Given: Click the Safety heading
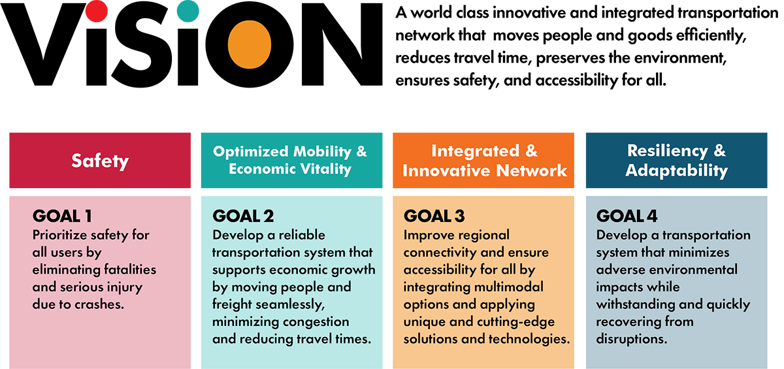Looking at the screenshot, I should click(x=100, y=161).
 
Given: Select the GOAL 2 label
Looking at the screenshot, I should click(x=243, y=216).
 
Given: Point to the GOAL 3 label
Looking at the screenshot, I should click(x=434, y=216).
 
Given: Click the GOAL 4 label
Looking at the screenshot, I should click(x=627, y=216).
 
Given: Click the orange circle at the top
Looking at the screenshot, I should click(x=250, y=44).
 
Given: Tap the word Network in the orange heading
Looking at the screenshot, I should click(x=532, y=171).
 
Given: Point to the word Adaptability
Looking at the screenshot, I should click(x=676, y=171).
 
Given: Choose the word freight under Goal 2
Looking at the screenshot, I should click(x=235, y=304).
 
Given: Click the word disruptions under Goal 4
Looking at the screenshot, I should click(x=632, y=340).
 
